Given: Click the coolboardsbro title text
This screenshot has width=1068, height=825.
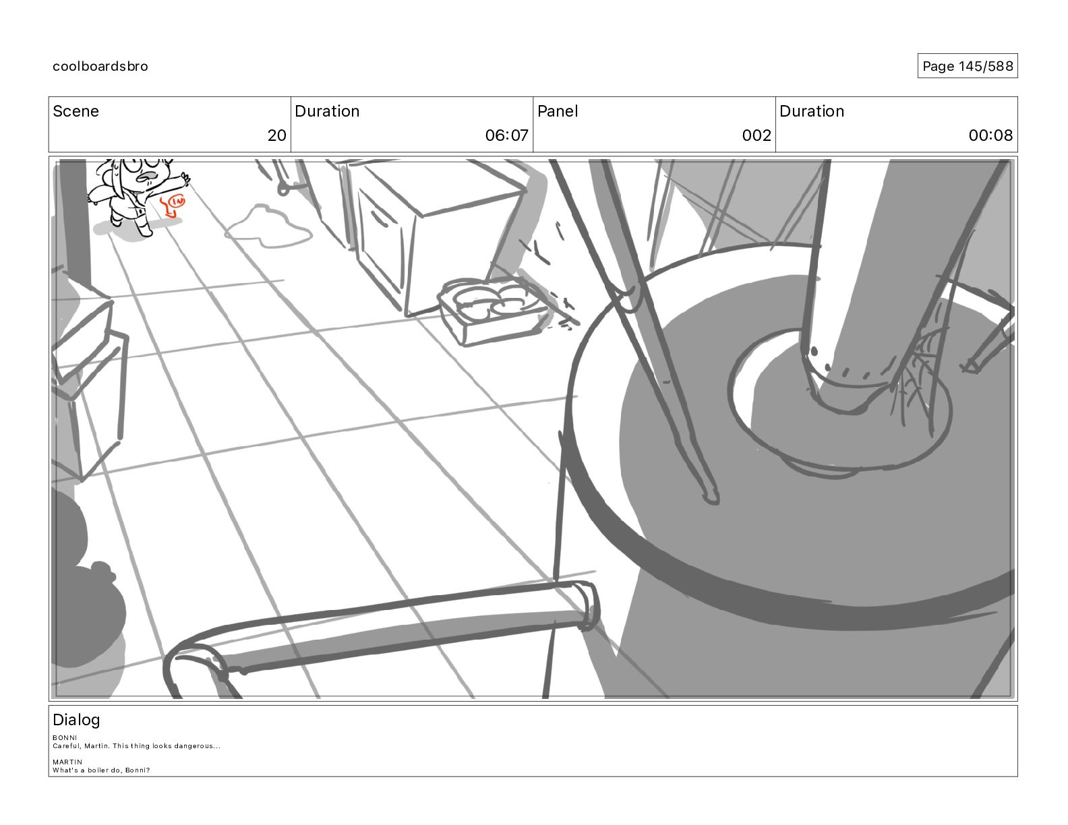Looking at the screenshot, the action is pos(100,66).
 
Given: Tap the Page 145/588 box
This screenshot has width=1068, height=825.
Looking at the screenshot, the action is pos(968,66).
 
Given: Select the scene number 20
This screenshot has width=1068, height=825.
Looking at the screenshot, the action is pos(276,135).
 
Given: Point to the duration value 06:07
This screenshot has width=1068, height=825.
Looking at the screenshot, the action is pos(506,135).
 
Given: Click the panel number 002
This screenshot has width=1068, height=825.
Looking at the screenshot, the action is pos(756,135).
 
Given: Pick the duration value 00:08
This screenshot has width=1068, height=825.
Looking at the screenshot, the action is pos(990,135).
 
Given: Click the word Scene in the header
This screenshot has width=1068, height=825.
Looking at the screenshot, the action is pos(76,111).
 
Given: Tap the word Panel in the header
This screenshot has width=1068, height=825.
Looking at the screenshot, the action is pos(558,111).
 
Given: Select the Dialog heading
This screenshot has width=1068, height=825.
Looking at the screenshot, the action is pos(76,720).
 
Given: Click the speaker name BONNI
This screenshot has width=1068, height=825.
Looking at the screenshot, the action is pos(65,737).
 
